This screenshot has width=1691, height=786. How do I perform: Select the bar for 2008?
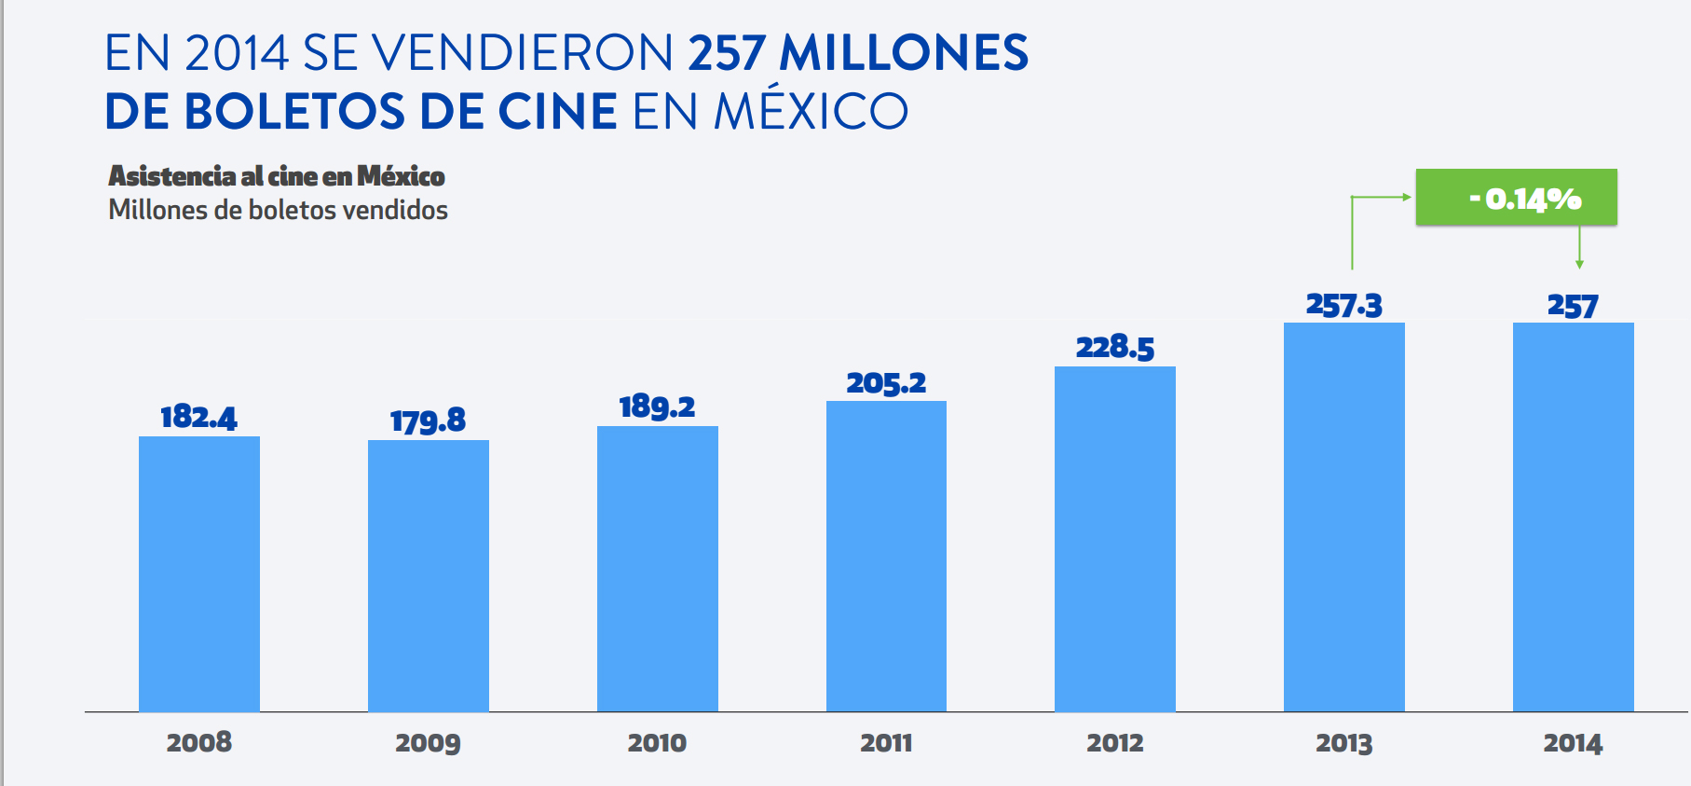point(199,573)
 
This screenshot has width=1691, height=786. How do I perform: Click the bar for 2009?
point(429,575)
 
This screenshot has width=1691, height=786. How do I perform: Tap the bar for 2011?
point(886,556)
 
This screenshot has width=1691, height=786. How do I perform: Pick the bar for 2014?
point(1573,517)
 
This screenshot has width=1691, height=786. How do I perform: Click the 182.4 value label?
point(198,417)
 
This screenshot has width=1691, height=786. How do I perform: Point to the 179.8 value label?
point(428,421)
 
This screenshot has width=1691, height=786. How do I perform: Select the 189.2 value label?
point(657,407)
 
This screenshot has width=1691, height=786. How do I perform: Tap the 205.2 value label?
point(886,383)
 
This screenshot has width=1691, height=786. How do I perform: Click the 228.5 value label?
point(1114,348)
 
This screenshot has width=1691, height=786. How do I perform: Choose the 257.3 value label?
point(1343,305)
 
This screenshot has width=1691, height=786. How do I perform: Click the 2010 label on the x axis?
point(657,743)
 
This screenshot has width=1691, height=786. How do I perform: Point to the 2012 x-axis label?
point(1114,743)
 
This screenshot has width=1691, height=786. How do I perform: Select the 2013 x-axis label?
point(1343,743)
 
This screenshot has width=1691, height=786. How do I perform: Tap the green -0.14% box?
point(1516,198)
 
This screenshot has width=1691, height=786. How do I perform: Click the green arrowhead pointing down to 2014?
point(1579,264)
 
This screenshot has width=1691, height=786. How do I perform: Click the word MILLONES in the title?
point(904,53)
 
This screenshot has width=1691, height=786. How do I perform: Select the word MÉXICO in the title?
point(811,112)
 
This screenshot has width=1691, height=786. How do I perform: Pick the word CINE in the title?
point(557,112)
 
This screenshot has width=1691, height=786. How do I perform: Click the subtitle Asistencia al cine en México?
point(277,176)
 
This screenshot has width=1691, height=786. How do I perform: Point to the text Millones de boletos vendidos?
point(278,210)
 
